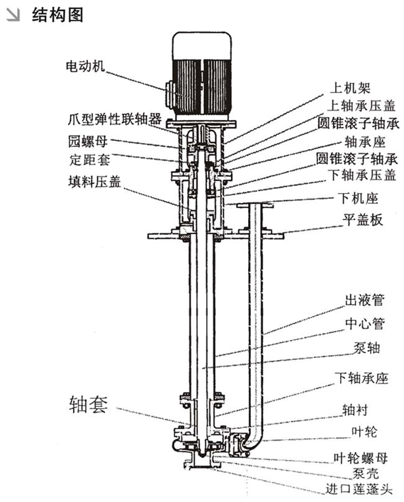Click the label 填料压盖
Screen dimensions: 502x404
[x=89, y=181]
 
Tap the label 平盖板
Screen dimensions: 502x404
[x=363, y=220]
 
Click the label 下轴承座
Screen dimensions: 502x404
[x=361, y=378]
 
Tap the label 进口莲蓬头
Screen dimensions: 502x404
[x=356, y=490]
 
